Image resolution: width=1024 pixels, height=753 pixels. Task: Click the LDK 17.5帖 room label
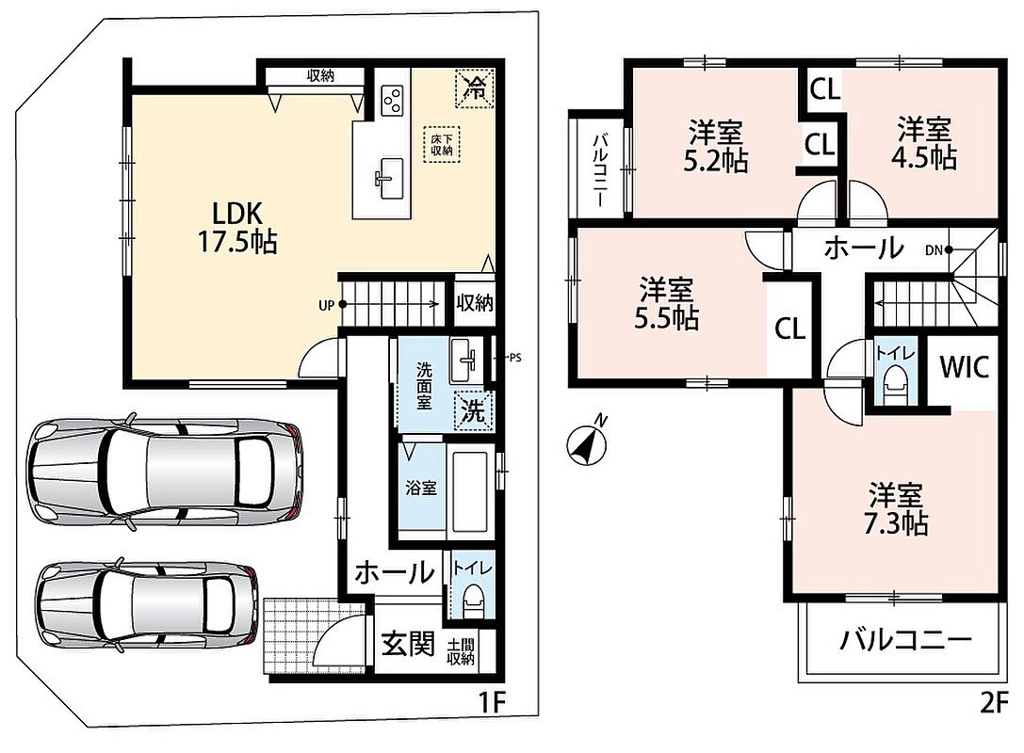pos(237,227)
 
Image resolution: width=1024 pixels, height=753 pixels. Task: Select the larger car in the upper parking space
pos(166,472)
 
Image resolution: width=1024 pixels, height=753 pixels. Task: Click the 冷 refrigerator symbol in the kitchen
pos(475,88)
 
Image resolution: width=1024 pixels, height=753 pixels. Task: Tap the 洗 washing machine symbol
pos(474,410)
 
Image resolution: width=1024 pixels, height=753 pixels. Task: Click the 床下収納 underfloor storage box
pos(442,145)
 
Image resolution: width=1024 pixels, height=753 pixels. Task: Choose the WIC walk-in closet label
pos(964,367)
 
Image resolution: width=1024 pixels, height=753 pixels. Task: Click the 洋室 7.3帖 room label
pos(895,510)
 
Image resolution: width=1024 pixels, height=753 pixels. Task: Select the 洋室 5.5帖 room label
pos(666,303)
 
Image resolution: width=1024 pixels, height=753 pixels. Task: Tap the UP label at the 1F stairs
pos(326,305)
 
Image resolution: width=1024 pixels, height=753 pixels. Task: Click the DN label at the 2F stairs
pos(934,250)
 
